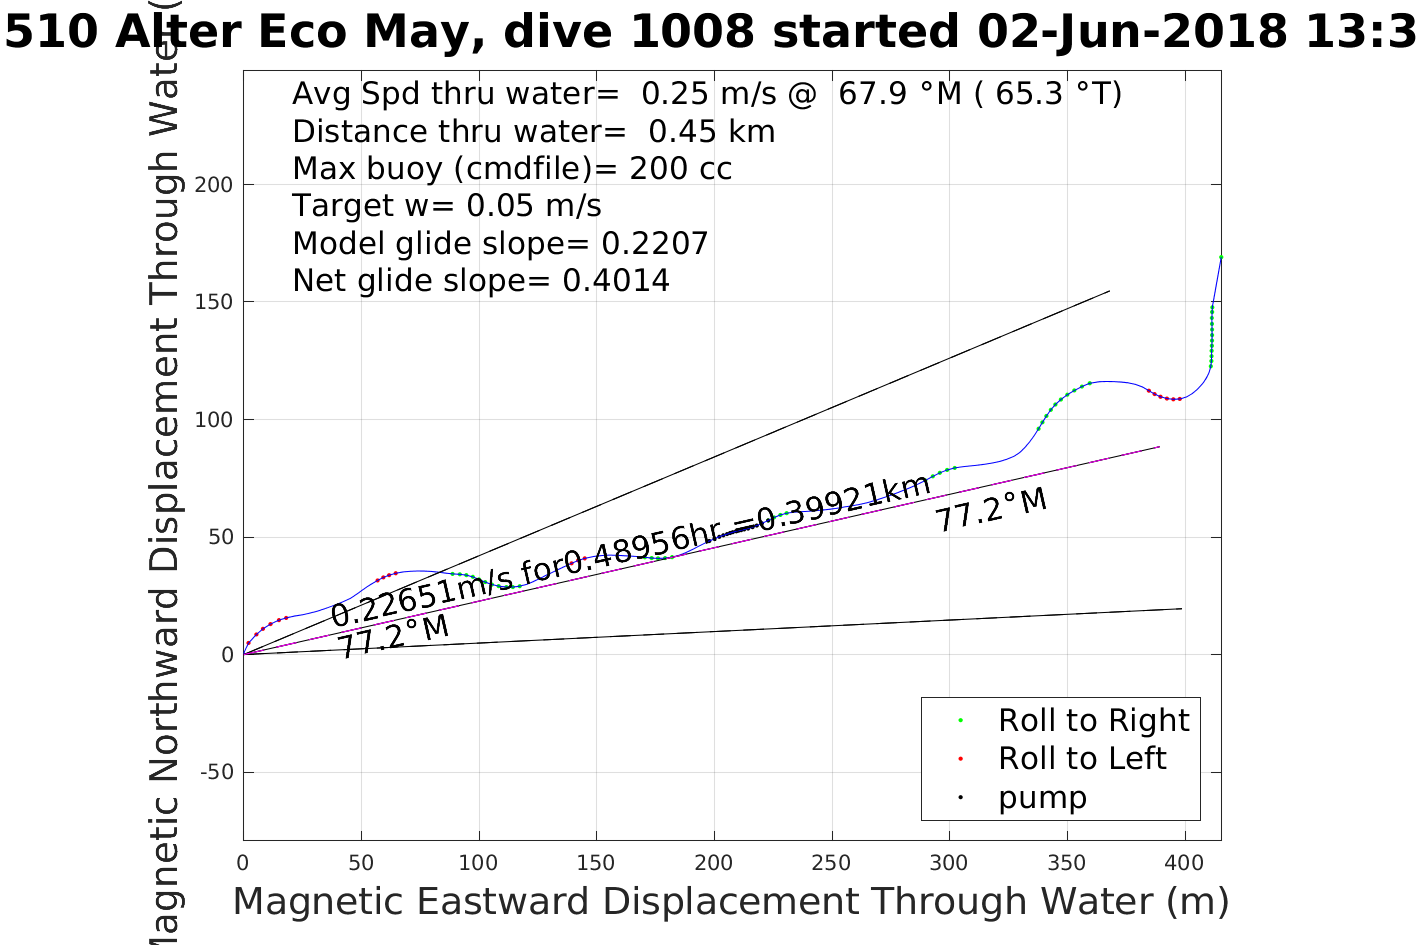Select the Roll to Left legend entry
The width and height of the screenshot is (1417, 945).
[1082, 758]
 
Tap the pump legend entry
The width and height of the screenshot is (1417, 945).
[1042, 797]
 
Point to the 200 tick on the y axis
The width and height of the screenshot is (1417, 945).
[214, 185]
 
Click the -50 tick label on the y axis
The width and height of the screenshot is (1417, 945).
[217, 772]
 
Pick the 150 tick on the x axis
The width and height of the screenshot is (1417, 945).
[596, 863]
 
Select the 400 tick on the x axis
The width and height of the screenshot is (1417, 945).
[1184, 863]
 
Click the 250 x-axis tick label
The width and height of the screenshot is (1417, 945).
[831, 863]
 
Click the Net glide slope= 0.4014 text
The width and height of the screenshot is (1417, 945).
[481, 281]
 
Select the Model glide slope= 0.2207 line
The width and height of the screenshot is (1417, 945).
[500, 243]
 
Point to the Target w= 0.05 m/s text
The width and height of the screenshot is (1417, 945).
[447, 206]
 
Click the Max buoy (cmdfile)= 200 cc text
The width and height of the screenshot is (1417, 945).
[512, 168]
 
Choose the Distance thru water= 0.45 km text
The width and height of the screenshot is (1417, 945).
[533, 131]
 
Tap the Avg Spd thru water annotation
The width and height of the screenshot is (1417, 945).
[707, 94]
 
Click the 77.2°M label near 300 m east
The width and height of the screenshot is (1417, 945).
[991, 508]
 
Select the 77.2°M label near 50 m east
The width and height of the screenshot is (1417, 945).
[392, 636]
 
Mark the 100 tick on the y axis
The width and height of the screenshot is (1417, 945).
[214, 420]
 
